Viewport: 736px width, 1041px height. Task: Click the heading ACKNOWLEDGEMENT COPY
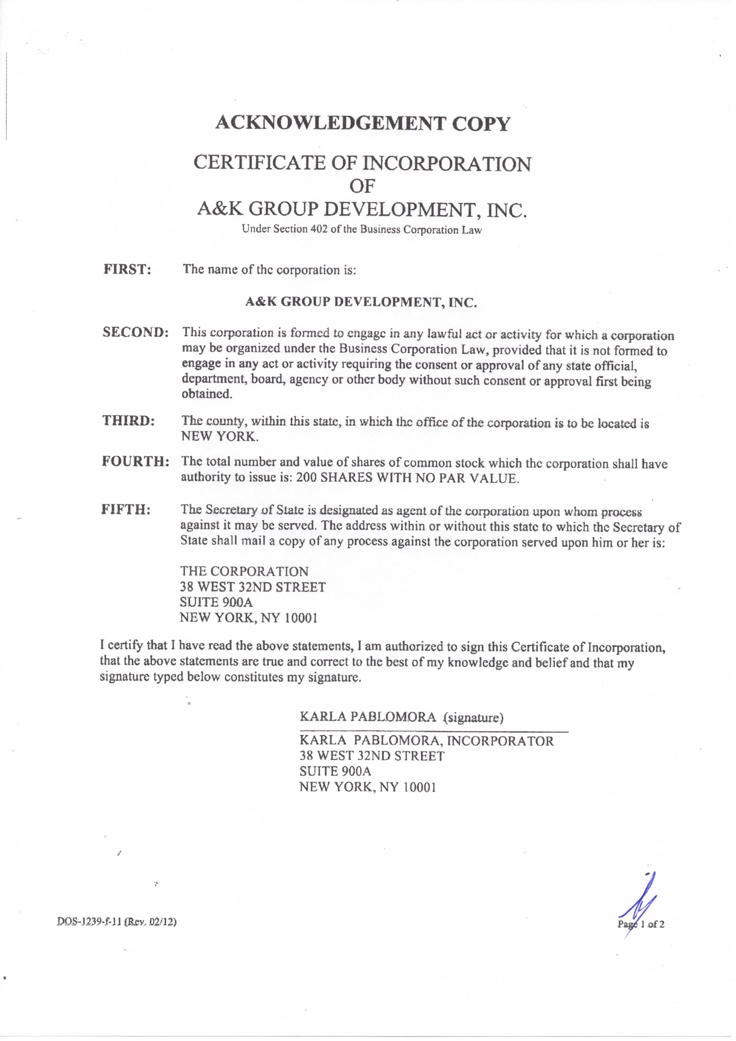coord(363,123)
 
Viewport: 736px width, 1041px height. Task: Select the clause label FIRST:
coord(127,269)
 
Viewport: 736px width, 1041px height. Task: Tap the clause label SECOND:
coord(135,332)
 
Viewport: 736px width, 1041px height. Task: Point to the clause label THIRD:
coord(129,420)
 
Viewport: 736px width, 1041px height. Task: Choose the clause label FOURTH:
coord(136,461)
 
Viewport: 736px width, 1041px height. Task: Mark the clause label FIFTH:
coord(126,509)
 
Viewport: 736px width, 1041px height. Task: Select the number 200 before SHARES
coord(306,478)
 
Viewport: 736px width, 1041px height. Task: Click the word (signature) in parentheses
coord(473,718)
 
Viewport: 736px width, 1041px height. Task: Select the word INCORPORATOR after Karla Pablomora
coord(500,741)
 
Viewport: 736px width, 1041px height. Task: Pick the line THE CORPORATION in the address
coord(244,572)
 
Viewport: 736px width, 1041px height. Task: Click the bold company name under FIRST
coord(361,302)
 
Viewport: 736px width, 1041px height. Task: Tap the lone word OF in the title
coord(362,186)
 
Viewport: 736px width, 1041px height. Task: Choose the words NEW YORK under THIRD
coord(219,436)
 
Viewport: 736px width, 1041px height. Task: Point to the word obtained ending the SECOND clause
coord(207,394)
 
